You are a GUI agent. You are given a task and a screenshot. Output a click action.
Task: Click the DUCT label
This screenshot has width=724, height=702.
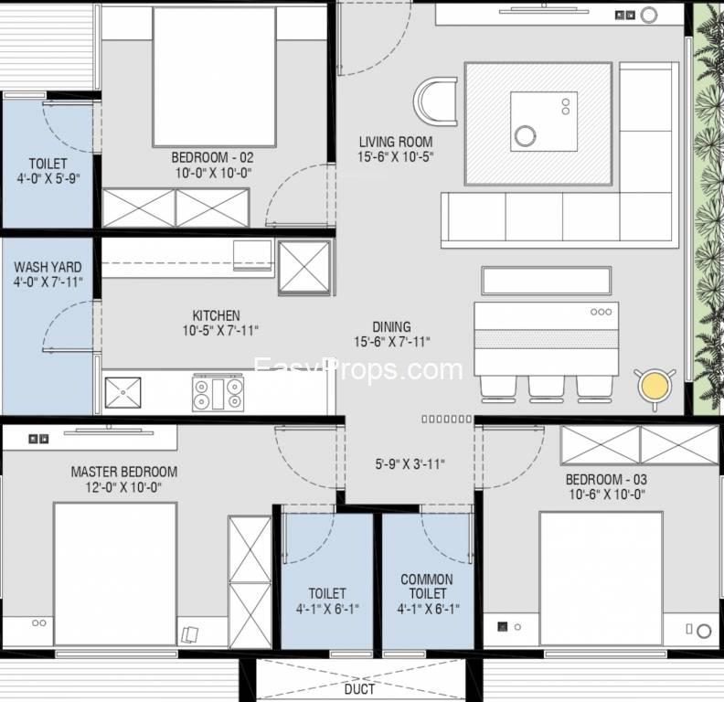pos(359,689)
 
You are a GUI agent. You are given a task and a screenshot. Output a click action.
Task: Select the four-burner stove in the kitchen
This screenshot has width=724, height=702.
pos(218,393)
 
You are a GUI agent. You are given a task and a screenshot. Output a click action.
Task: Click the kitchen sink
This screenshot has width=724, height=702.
pos(122,392)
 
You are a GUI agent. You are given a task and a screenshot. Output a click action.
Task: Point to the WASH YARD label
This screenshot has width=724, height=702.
pos(48,267)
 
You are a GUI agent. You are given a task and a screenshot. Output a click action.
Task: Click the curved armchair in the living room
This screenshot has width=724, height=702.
pos(435,101)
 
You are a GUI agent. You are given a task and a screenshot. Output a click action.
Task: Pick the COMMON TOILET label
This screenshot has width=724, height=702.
pos(427,586)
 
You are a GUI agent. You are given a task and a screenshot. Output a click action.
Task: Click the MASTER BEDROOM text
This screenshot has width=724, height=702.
pos(124,472)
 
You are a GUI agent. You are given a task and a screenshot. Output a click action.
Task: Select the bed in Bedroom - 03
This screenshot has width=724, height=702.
pos(602,579)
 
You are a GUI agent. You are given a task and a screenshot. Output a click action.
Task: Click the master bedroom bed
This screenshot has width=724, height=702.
pos(115,574)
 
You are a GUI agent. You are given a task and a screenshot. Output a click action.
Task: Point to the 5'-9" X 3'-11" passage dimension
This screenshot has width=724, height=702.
pos(410,463)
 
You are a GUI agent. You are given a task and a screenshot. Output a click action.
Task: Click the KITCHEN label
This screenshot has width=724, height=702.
pos(216,315)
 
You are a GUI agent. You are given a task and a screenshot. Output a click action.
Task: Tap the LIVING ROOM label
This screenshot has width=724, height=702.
pos(396,142)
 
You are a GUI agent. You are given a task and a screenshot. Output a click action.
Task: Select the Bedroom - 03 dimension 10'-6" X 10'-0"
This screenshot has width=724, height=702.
pos(606,495)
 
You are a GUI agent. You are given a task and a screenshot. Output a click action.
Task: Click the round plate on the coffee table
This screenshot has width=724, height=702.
pos(526,137)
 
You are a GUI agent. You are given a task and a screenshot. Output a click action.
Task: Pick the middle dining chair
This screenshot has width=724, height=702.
pos(547,388)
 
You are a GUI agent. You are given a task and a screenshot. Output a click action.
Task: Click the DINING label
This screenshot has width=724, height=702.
pos(391,326)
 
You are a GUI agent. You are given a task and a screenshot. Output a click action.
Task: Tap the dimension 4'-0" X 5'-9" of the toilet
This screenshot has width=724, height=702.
pos(48,178)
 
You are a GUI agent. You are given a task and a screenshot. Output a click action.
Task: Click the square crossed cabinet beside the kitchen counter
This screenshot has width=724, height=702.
pos(304,269)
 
